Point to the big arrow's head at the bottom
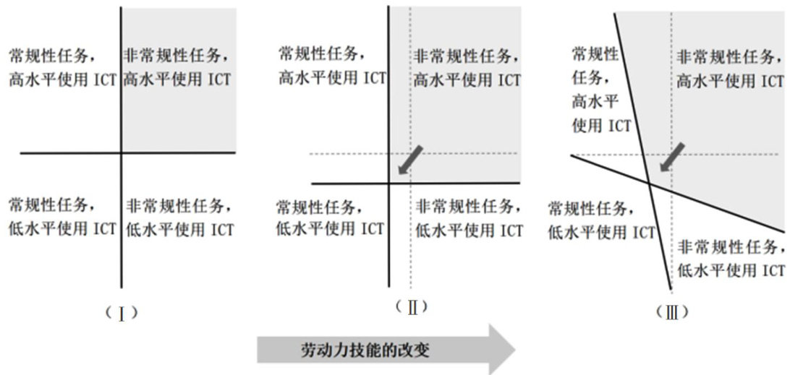(x=499, y=350)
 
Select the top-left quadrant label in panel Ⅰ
(x=61, y=67)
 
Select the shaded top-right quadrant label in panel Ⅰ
(x=178, y=67)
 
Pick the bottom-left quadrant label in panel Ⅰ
(x=61, y=216)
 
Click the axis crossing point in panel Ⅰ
(x=121, y=152)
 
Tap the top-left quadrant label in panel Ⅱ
(x=332, y=66)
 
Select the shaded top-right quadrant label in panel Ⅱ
(x=467, y=69)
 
